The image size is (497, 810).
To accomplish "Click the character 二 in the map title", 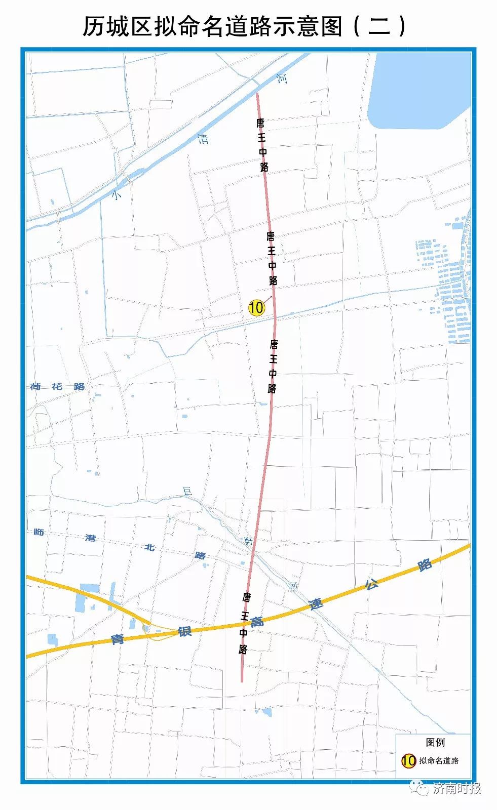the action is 379,26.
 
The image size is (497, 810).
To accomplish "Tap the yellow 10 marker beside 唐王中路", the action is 256,307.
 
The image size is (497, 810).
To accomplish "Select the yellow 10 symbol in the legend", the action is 408,760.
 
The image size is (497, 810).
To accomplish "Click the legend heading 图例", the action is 435,742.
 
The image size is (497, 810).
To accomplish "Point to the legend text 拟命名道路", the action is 439,760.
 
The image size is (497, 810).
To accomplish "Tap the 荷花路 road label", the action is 57,387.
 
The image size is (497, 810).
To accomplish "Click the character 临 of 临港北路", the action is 39,532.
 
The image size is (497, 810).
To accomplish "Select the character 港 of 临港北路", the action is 91,538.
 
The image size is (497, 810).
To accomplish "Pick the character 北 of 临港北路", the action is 149,547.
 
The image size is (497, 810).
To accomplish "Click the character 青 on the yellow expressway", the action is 118,639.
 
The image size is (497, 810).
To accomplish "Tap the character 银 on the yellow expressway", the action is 184,631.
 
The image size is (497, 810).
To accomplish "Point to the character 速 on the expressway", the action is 316,604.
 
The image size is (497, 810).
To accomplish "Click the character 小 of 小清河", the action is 117,194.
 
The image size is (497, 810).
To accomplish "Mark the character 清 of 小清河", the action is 203,139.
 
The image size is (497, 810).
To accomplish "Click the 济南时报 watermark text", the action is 457,788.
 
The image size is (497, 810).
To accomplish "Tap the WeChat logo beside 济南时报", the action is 419,788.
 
